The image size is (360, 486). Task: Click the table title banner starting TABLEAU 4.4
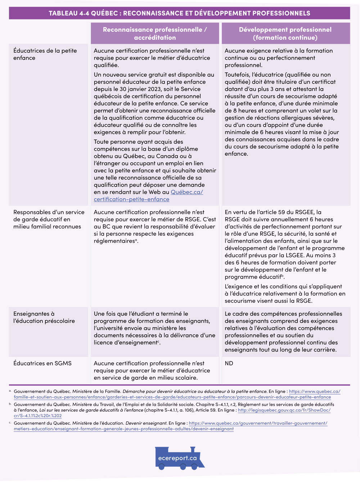click(179, 13)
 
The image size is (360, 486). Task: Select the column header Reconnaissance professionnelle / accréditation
click(155, 34)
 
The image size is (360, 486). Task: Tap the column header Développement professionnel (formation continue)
click(285, 34)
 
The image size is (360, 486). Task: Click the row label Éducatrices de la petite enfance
click(45, 54)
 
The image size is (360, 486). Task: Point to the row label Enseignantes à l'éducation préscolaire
click(44, 317)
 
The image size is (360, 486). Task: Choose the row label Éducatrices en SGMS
click(42, 363)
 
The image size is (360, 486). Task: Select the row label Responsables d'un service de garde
click(49, 219)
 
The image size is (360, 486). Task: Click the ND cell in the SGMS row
click(229, 363)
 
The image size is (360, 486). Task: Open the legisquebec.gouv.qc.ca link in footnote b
click(284, 410)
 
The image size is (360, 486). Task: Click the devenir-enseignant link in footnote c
click(258, 423)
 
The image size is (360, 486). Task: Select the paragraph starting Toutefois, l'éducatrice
click(282, 114)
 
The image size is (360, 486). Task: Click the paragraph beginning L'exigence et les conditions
click(284, 294)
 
